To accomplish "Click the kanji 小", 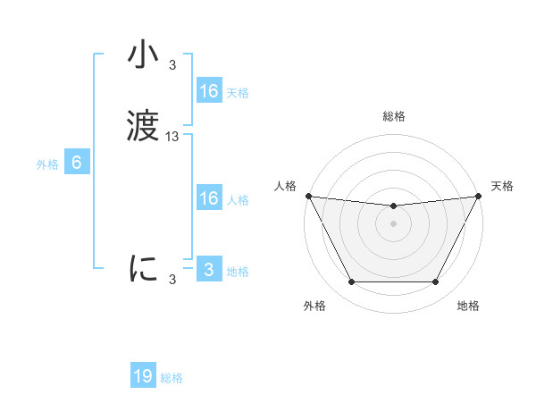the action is (x=144, y=55).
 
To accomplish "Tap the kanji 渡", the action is (x=144, y=126).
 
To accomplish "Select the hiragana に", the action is (x=144, y=269).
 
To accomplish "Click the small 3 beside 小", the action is (x=172, y=65).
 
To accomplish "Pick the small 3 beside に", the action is (x=172, y=280).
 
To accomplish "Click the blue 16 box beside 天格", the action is (x=208, y=91).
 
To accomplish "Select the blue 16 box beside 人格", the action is (x=208, y=198).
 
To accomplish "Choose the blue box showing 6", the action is (x=77, y=163).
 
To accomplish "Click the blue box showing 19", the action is (x=143, y=376).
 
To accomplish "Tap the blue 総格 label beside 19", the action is (x=172, y=378).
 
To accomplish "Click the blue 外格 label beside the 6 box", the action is (x=47, y=164).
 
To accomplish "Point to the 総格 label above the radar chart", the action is (x=394, y=116).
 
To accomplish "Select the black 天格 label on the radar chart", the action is (x=502, y=186).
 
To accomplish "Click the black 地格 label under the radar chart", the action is (x=468, y=306).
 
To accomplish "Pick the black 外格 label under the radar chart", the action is (x=314, y=306).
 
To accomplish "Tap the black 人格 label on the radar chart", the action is (x=285, y=186).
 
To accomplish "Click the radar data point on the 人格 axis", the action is (x=308, y=196).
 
